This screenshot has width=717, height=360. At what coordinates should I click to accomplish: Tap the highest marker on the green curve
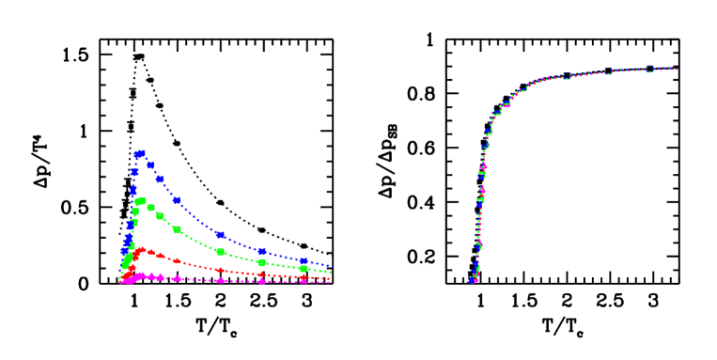coord(141,200)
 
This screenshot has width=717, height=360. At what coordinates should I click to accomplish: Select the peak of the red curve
coord(141,250)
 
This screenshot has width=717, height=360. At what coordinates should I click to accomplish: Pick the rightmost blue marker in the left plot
coord(304,261)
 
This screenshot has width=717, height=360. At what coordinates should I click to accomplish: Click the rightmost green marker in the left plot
coord(304,269)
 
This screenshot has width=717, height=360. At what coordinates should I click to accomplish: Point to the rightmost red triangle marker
coord(304,276)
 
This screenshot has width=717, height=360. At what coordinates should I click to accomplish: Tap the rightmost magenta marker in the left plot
coord(304,281)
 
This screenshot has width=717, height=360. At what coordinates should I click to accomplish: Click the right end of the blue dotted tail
coord(331,266)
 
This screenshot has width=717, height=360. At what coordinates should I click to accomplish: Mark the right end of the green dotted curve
coord(331,273)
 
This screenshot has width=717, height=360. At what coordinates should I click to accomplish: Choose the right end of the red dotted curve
coord(331,278)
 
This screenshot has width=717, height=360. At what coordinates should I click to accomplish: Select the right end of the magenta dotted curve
coord(331,282)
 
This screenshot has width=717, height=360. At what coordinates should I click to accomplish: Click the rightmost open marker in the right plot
coord(649,69)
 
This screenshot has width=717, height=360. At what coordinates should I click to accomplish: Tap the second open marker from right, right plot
coord(608,71)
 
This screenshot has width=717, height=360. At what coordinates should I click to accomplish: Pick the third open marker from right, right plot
coord(566,76)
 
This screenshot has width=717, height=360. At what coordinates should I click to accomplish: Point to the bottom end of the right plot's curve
coord(472,280)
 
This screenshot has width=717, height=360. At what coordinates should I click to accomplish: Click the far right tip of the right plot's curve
coord(677,69)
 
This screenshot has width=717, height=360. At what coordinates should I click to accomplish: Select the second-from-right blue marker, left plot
coord(261,251)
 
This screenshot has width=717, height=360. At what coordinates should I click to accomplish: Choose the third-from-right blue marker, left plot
coord(220,234)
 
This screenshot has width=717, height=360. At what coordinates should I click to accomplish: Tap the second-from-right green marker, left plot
coord(261,262)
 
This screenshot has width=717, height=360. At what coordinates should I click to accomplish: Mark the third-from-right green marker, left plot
coord(220,251)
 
